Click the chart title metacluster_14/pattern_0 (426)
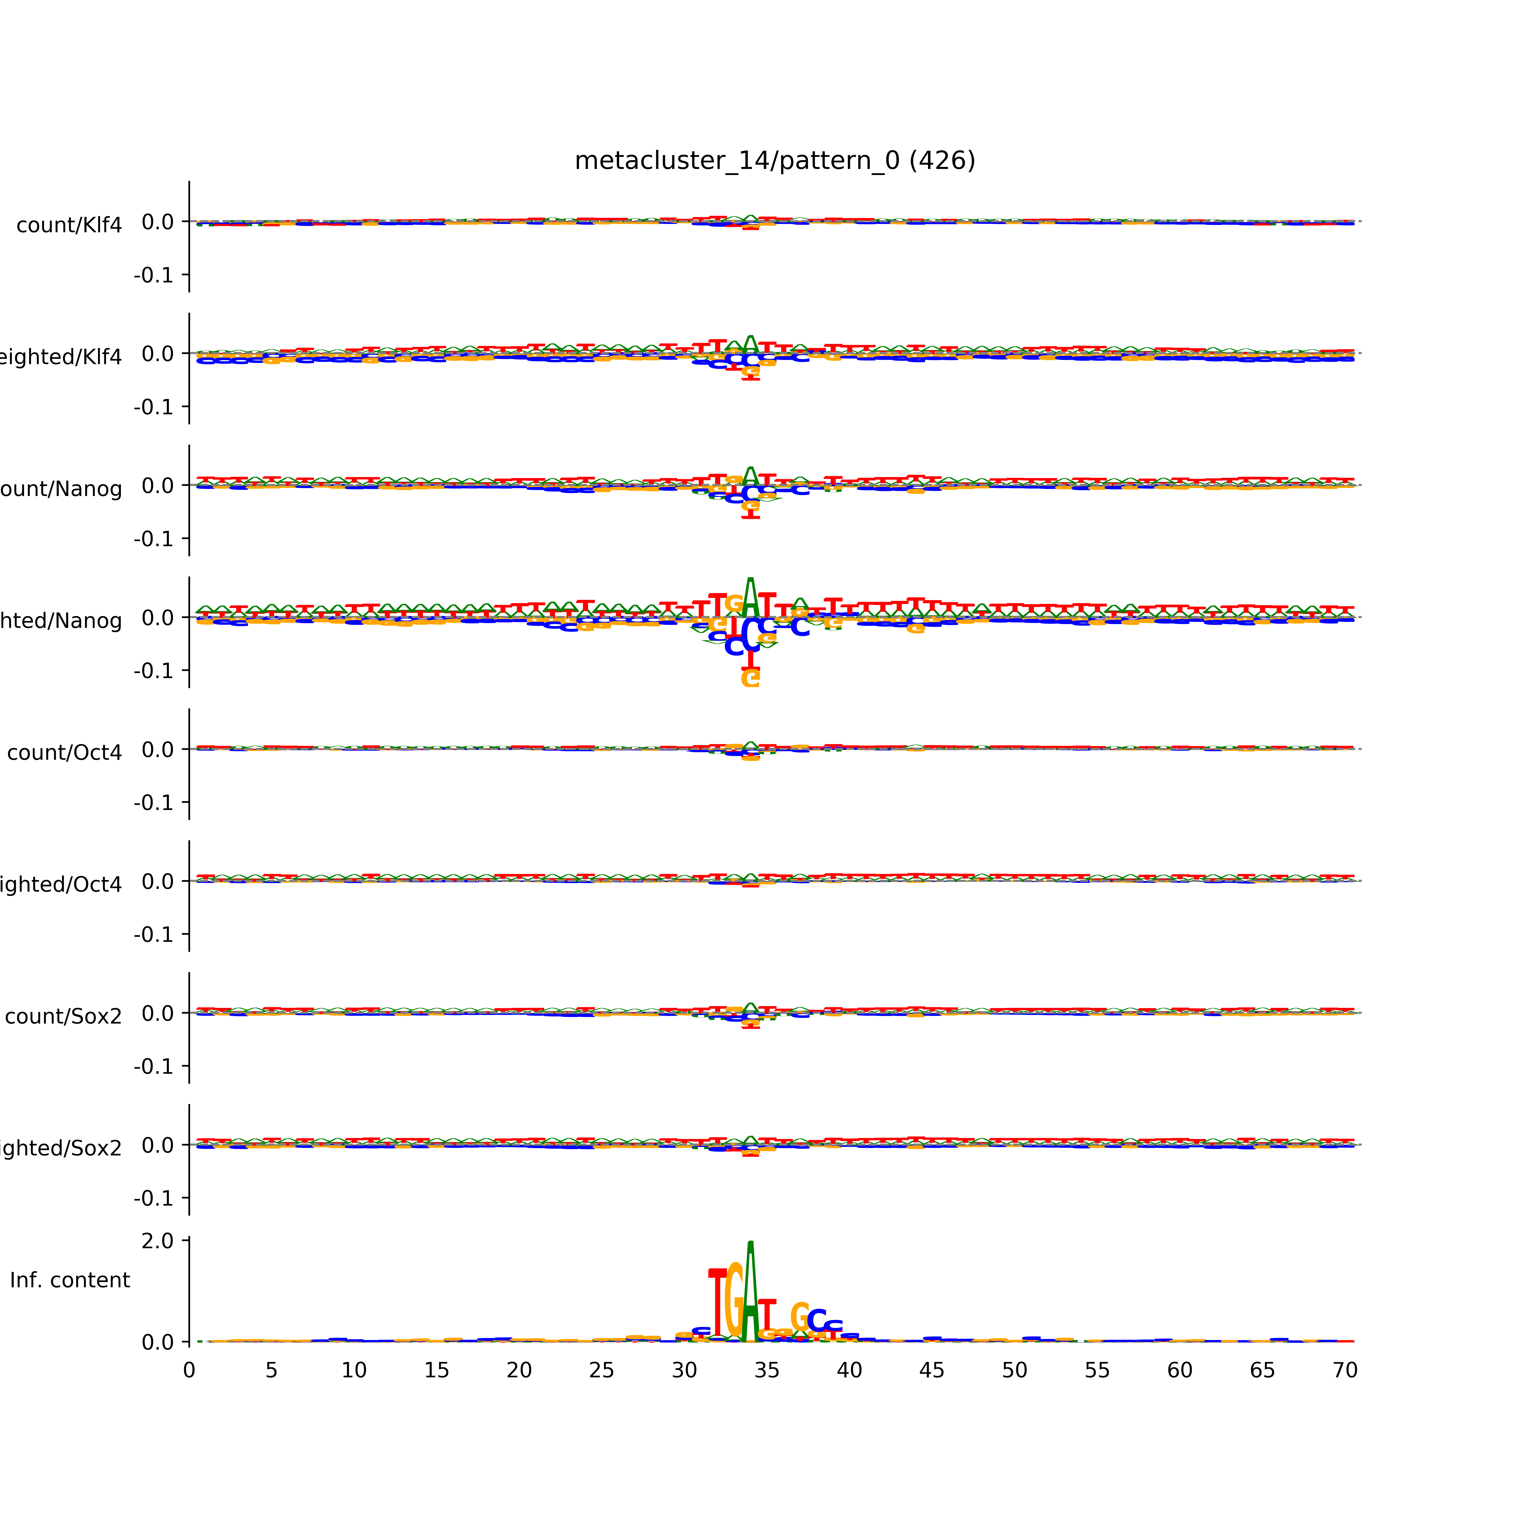click(774, 161)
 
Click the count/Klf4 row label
click(69, 225)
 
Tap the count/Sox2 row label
click(64, 1016)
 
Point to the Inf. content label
click(70, 1281)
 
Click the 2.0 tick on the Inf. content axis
click(157, 1240)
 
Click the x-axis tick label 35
click(767, 1371)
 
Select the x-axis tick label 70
click(1345, 1371)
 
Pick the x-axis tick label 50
click(1014, 1371)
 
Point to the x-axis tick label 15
click(436, 1371)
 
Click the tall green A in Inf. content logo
click(750, 1292)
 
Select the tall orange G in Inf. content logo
click(734, 1300)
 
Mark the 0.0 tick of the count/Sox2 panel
click(157, 1013)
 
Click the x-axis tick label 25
click(601, 1371)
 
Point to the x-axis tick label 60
click(1179, 1371)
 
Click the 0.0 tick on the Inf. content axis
click(157, 1342)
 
